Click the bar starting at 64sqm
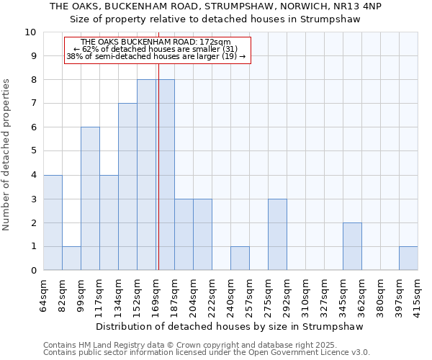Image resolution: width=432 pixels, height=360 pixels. click(x=53, y=222)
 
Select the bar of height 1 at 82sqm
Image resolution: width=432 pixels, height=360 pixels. click(x=71, y=258)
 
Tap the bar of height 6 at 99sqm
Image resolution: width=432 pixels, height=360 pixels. click(x=90, y=199)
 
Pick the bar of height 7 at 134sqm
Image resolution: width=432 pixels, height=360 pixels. click(x=127, y=186)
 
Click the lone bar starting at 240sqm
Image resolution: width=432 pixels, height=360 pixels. click(x=240, y=258)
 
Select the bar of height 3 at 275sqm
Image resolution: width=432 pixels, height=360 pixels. click(x=277, y=234)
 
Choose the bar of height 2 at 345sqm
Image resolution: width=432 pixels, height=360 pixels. click(x=352, y=246)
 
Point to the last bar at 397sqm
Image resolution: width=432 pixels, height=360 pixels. click(x=408, y=258)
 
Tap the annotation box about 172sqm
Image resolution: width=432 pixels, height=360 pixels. click(x=157, y=50)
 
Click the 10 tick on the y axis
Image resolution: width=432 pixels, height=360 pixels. click(x=32, y=32)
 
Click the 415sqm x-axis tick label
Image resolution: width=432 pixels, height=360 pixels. click(x=418, y=295)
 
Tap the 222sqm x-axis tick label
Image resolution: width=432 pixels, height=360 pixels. click(x=212, y=295)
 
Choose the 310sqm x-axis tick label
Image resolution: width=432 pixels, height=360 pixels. click(x=305, y=295)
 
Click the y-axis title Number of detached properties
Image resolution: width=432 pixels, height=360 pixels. click(x=6, y=155)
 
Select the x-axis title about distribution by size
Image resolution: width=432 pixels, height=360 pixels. click(x=230, y=326)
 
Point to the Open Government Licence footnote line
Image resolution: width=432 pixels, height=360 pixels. click(x=207, y=353)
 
